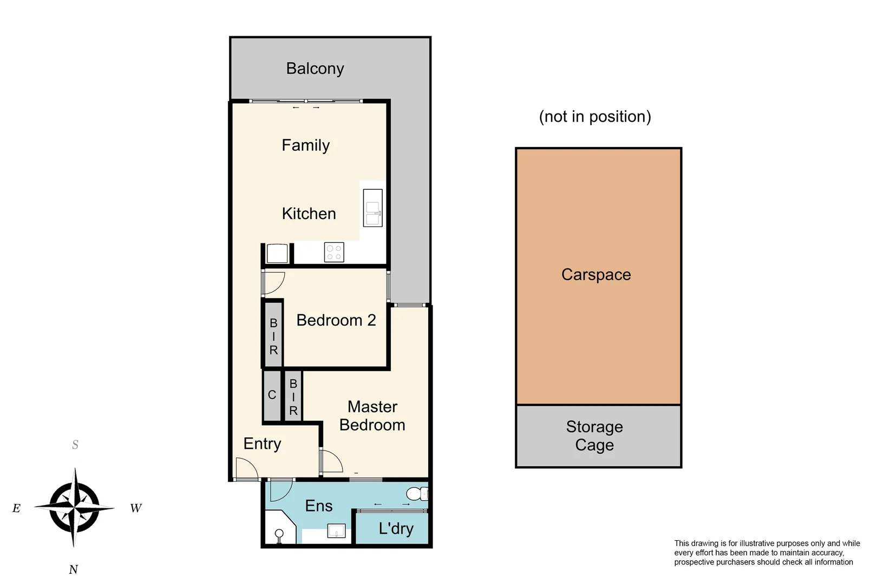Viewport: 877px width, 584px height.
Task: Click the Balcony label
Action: tap(315, 69)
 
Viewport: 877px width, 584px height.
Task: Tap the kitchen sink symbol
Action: tap(372, 207)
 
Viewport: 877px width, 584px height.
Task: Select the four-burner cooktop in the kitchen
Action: tap(334, 252)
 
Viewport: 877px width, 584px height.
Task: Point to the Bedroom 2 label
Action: tap(336, 320)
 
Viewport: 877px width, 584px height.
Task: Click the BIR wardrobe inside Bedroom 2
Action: tap(273, 336)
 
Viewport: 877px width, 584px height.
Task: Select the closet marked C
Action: tap(272, 395)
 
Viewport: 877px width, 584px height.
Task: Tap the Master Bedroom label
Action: tap(372, 415)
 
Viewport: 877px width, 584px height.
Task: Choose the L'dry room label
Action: tap(396, 528)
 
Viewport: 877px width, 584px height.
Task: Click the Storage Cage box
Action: tap(598, 436)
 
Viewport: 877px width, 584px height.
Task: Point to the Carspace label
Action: tap(596, 275)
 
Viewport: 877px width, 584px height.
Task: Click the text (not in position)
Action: tap(595, 116)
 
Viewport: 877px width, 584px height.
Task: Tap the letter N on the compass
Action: tap(74, 569)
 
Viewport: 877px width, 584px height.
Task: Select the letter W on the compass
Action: tap(136, 508)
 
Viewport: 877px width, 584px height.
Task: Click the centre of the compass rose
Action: tap(74, 507)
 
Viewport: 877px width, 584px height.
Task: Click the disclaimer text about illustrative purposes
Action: tap(767, 553)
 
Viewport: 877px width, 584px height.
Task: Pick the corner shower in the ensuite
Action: tap(279, 527)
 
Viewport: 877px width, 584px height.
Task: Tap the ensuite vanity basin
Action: tap(336, 531)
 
